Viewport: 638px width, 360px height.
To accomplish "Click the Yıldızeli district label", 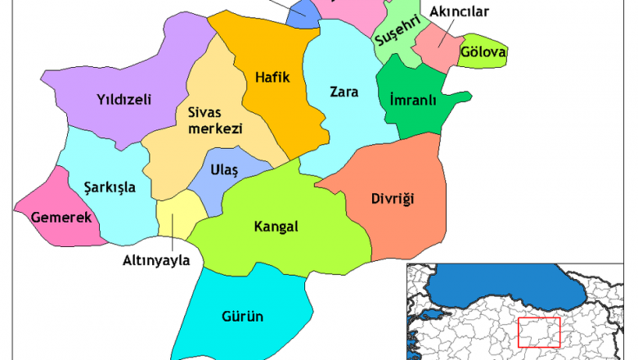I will tap(124, 101).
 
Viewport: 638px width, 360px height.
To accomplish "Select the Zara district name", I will tap(344, 92).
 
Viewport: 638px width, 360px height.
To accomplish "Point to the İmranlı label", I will tap(413, 101).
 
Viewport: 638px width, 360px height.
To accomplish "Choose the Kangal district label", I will tap(276, 226).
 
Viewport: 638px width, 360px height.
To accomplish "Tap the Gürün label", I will tap(242, 316).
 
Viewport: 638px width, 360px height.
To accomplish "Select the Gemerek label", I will tap(61, 218).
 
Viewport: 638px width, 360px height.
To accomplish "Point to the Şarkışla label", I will tap(110, 187).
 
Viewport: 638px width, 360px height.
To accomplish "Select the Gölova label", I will tap(483, 52).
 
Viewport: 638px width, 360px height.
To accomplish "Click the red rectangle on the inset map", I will tap(539, 333).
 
